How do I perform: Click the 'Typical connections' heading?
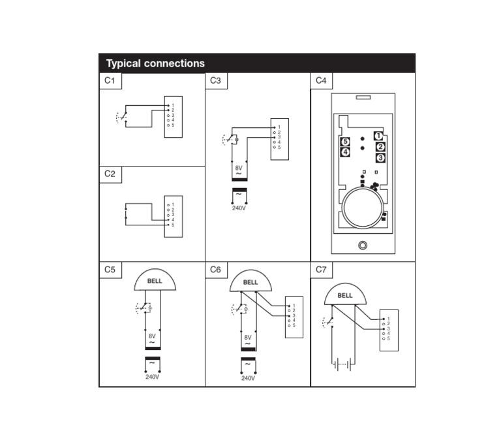[x=155, y=63]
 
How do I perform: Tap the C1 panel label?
[x=110, y=80]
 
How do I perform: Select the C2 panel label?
[x=110, y=174]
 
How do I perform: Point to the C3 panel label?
[x=215, y=80]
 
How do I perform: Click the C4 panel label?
[x=321, y=80]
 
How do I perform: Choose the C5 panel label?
[x=110, y=269]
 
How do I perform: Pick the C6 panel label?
[x=215, y=269]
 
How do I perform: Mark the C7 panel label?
[x=321, y=269]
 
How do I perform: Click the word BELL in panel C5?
[x=155, y=281]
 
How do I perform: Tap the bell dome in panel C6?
[x=250, y=281]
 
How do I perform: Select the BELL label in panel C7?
[x=345, y=295]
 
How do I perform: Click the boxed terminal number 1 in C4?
[x=378, y=136]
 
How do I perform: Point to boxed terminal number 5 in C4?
[x=345, y=142]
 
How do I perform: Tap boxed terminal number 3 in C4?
[x=381, y=157]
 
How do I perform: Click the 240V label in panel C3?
[x=239, y=208]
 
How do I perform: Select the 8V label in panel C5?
[x=152, y=336]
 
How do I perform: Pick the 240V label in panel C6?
[x=248, y=378]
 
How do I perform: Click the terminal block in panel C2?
[x=174, y=216]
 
